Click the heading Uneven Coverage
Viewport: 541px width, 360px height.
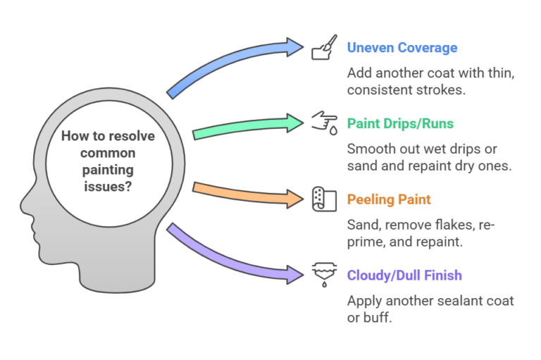click(402, 48)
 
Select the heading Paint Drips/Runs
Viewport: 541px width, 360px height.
click(400, 124)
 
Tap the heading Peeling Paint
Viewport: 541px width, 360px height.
click(389, 199)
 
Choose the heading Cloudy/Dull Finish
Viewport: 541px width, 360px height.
click(405, 275)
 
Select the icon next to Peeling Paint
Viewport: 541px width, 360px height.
click(321, 199)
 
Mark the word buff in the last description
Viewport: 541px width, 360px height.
click(378, 318)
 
